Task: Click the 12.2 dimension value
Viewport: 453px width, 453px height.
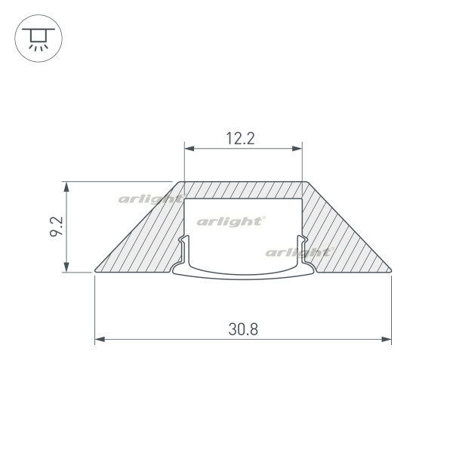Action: (x=240, y=138)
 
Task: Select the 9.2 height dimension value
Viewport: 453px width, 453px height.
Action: (x=57, y=226)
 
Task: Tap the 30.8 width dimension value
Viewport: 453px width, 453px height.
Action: (x=243, y=329)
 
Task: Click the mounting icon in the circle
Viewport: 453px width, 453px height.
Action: (x=39, y=39)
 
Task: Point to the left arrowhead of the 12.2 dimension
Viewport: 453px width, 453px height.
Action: (x=190, y=149)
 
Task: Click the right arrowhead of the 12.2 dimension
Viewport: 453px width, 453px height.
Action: (x=297, y=149)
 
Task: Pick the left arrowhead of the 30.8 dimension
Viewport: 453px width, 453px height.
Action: (x=100, y=339)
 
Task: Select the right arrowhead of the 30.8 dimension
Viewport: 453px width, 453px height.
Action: (x=387, y=339)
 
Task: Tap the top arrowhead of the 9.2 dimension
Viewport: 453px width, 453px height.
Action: (x=66, y=186)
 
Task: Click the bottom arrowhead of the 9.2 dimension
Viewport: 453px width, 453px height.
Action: (x=66, y=267)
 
